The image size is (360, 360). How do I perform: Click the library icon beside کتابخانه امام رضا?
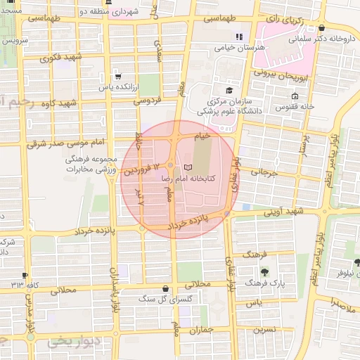coord(186,167)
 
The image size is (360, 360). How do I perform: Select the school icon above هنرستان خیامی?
coord(238,37)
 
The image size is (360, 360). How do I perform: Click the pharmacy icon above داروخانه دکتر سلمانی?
coord(321,29)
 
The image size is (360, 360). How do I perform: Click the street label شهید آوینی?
coord(283,212)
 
